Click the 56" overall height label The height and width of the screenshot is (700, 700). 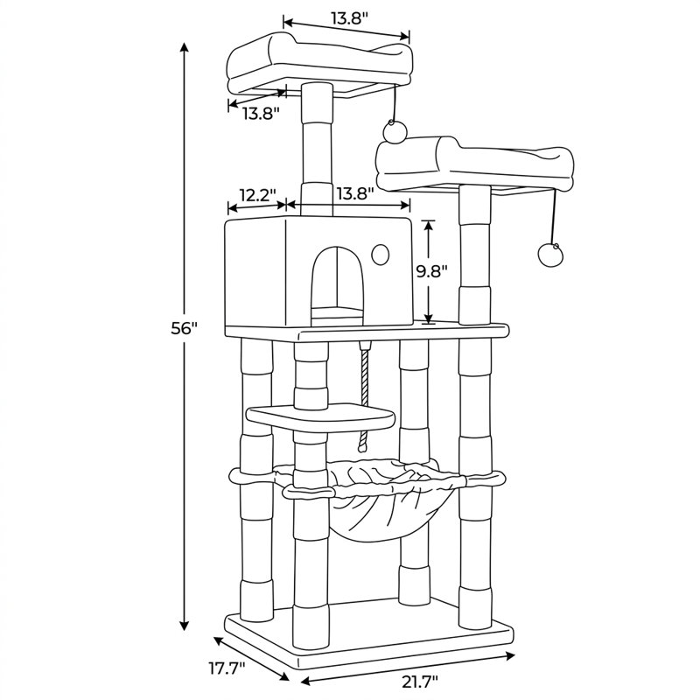point(184,329)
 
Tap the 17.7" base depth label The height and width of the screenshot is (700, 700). point(227,668)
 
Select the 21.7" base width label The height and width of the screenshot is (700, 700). point(420,682)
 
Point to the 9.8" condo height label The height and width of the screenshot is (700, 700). point(432,271)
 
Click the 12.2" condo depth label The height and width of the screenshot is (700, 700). point(258,194)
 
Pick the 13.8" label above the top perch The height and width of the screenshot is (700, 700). point(349,17)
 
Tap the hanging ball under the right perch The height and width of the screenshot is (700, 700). point(549,255)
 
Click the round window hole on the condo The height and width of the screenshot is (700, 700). point(380,255)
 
